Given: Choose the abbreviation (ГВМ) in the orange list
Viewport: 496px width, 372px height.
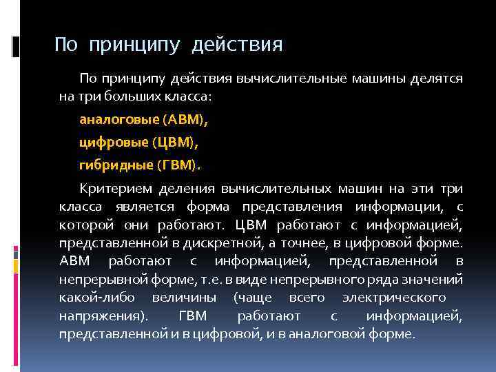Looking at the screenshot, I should (x=179, y=165).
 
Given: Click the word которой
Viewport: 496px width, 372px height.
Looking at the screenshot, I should (x=86, y=225).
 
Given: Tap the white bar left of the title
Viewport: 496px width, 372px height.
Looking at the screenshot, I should (x=17, y=46).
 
